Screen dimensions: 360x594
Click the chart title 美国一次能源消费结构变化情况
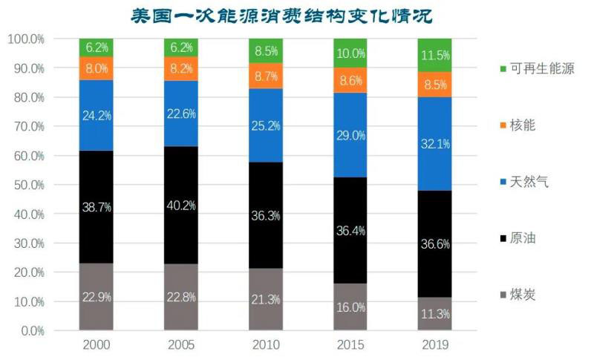297,15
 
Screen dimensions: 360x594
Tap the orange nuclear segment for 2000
96,68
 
